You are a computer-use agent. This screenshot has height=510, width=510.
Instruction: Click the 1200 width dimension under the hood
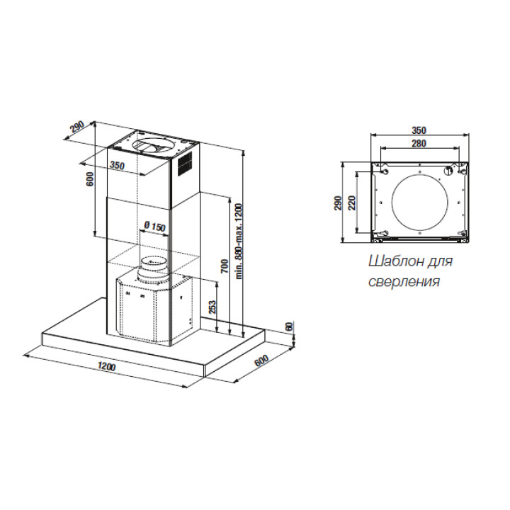click(x=107, y=367)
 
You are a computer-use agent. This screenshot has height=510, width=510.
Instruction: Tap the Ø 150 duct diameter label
click(x=154, y=226)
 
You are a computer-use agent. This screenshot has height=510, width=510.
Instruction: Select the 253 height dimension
click(x=212, y=307)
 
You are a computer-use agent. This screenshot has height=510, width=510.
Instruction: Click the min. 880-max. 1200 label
click(x=239, y=241)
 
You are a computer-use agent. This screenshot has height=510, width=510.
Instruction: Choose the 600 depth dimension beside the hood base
click(x=261, y=360)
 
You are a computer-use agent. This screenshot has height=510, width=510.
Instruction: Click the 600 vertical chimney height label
click(x=90, y=179)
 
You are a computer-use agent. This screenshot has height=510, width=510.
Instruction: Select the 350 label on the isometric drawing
click(x=117, y=165)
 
